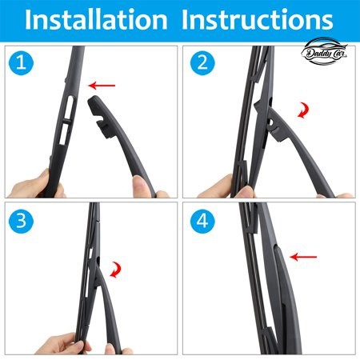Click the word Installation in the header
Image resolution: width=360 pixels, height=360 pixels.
click(96, 19)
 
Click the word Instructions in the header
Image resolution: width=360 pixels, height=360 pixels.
click(257, 19)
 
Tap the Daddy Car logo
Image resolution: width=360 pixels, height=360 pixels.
click(324, 51)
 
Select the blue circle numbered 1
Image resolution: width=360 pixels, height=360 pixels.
click(21, 63)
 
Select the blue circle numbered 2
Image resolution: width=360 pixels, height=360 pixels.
click(202, 63)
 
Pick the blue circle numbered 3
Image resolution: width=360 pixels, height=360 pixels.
click(21, 221)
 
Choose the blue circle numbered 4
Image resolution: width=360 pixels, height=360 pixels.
click(202, 221)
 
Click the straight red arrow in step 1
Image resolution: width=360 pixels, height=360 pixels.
click(102, 86)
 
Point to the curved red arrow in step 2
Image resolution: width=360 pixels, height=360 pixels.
click(305, 110)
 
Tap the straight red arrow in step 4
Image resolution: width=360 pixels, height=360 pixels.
click(303, 257)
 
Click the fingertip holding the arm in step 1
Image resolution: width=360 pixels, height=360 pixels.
click(140, 183)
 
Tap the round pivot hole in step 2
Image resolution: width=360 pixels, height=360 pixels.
click(270, 122)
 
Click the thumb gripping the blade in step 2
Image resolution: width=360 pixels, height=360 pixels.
click(246, 191)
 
